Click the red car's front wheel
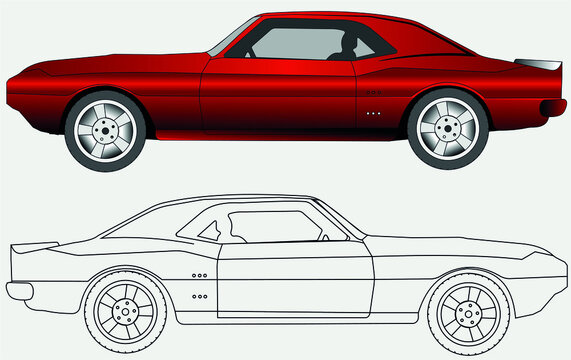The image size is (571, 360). [105, 129]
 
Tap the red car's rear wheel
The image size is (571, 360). [447, 129]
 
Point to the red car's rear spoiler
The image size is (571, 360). [540, 63]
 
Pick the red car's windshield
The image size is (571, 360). [233, 37]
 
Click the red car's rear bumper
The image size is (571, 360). [552, 107]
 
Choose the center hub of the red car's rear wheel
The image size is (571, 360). [447, 129]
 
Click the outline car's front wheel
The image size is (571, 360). [468, 310]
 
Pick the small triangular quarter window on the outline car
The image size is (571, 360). [209, 231]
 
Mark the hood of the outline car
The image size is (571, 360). [470, 250]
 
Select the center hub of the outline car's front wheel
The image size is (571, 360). [468, 310]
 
